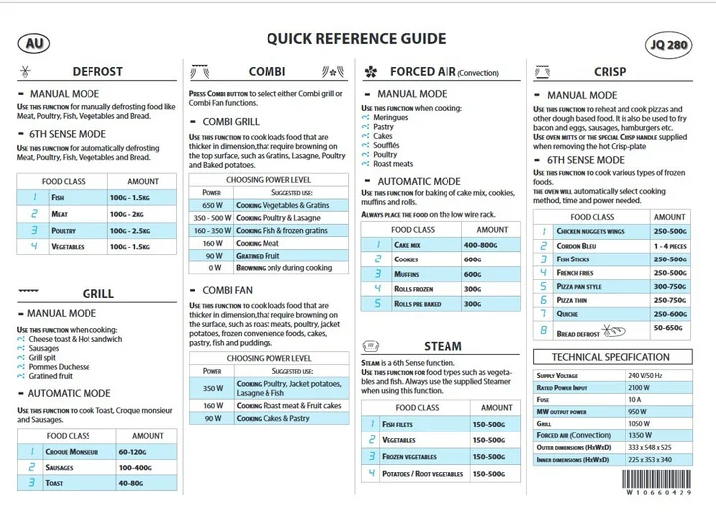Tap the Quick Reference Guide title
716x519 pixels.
click(x=355, y=39)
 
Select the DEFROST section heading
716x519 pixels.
click(x=97, y=72)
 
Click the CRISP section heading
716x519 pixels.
click(x=610, y=72)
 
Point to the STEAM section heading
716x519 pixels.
click(x=443, y=347)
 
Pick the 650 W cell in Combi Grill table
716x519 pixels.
click(x=212, y=204)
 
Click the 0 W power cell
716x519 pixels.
click(x=214, y=267)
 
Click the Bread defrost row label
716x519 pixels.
click(x=578, y=334)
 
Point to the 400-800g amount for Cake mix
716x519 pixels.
click(x=480, y=244)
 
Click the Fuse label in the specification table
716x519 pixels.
click(x=543, y=399)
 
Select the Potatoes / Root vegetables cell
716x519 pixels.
click(x=423, y=474)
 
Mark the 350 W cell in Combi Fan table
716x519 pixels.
click(x=212, y=388)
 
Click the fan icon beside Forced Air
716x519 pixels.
click(x=371, y=72)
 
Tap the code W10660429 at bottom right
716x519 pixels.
click(x=658, y=493)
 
